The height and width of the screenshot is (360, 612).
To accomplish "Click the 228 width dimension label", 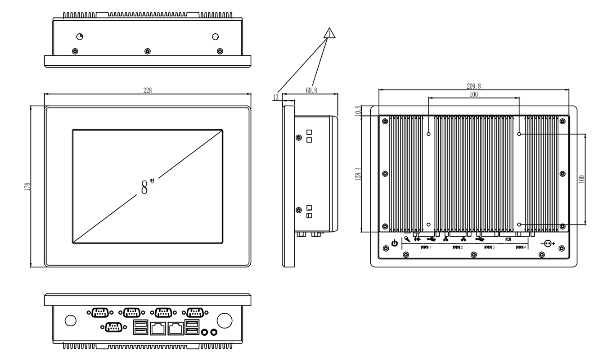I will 148,90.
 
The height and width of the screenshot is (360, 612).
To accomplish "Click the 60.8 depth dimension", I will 311,90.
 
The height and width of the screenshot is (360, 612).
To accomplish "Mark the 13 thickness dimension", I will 276,97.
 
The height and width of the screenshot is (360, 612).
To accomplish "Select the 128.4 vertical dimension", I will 358,173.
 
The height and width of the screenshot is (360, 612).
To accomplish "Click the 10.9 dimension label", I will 358,110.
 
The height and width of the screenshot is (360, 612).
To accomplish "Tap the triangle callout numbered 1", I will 329,34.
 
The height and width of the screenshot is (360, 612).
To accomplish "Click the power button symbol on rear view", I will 395,243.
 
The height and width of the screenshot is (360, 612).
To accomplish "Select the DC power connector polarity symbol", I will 548,243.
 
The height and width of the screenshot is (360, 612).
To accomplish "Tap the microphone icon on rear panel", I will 407,239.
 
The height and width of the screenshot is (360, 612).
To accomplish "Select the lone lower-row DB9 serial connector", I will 114,328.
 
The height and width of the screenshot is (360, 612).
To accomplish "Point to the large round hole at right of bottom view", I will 224,320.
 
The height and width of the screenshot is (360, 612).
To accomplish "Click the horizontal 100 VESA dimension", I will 473,94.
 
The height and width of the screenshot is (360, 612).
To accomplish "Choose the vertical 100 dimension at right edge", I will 582,179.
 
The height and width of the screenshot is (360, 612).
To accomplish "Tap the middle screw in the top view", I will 147,51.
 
